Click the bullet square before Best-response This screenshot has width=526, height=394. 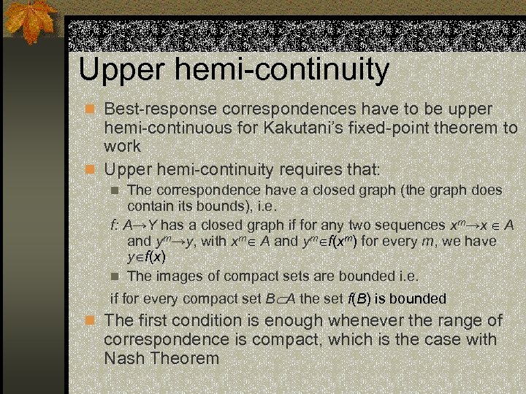click(90, 109)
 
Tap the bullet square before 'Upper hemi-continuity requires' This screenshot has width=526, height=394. click(90, 170)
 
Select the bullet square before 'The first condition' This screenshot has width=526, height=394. click(90, 321)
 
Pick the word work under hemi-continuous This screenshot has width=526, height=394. click(122, 146)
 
